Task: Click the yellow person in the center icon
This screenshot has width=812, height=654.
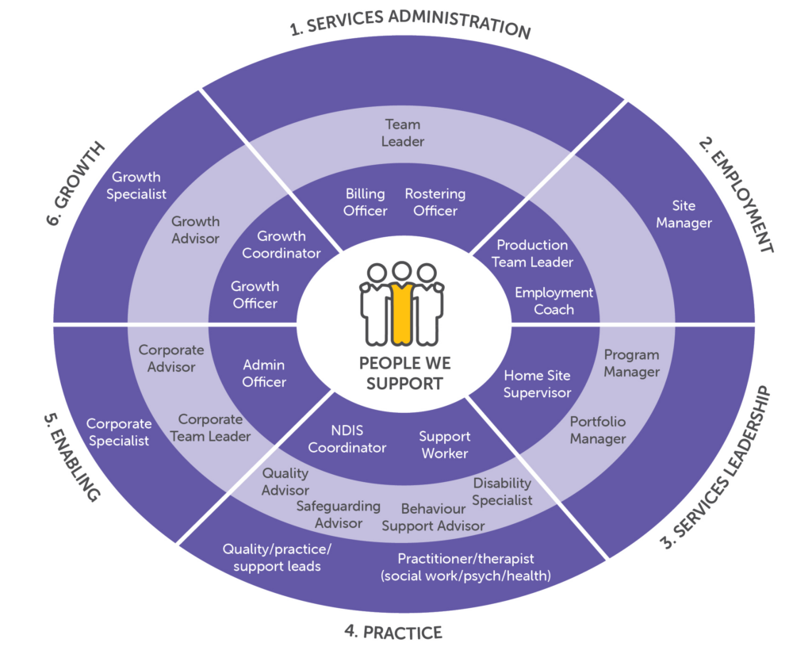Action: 402,305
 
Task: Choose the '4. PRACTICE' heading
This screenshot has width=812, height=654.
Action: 393,632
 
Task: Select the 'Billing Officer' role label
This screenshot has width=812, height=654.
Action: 366,202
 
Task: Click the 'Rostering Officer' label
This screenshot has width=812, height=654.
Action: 435,202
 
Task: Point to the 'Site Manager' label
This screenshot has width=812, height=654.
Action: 684,215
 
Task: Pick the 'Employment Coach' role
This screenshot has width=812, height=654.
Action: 553,301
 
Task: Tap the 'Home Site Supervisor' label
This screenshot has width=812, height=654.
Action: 537,384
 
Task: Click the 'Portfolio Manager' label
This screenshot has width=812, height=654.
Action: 598,430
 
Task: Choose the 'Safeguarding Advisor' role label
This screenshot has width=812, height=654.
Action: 339,514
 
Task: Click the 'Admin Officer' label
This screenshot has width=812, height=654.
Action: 264,373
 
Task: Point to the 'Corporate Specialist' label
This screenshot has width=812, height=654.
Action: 118,432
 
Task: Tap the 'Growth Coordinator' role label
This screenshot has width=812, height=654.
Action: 282,244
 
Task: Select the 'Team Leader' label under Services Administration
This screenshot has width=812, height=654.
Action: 403,132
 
